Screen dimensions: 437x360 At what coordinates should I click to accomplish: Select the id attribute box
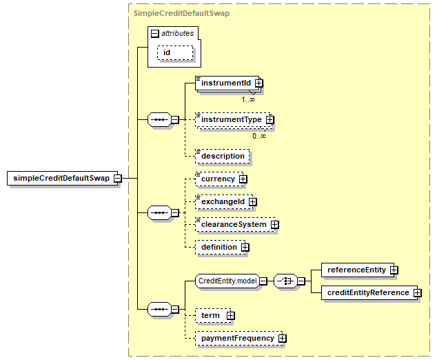click(175, 52)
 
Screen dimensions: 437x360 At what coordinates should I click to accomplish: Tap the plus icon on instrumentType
click(270, 119)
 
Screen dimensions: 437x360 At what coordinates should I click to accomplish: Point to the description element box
click(223, 156)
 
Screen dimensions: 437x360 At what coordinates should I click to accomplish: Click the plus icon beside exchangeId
click(252, 202)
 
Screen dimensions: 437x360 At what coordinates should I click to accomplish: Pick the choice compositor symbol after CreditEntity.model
click(285, 281)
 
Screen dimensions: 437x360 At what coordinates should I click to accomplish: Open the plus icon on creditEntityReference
click(417, 293)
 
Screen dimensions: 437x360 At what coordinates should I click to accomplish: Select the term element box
click(213, 316)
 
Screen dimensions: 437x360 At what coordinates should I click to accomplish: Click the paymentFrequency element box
click(239, 338)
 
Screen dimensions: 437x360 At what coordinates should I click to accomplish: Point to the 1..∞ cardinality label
click(248, 99)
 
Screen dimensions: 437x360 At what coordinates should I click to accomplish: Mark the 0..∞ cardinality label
click(259, 136)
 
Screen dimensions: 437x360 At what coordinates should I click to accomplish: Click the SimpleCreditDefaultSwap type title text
click(181, 13)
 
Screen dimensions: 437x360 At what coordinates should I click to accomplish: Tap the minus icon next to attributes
click(154, 34)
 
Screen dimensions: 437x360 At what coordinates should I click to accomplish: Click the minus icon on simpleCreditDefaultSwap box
click(118, 178)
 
